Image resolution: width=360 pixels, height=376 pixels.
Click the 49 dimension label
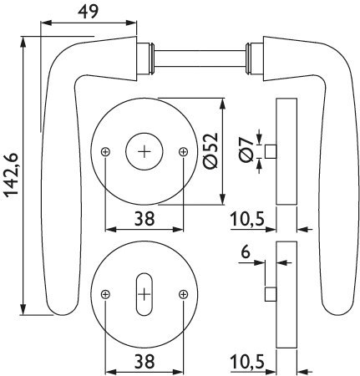coord(88,12)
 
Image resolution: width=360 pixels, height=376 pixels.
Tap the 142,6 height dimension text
coord(12,175)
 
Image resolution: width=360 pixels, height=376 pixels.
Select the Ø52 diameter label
coord(210,150)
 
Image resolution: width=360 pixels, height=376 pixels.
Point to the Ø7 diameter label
coord(246,150)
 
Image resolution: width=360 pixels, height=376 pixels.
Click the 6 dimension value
coord(246,252)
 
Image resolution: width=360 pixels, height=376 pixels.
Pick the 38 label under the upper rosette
coord(145,219)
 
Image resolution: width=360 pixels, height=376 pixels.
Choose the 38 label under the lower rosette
coord(145,362)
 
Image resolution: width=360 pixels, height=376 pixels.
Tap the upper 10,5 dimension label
coord(247,219)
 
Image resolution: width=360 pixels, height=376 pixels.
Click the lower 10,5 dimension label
coord(247,362)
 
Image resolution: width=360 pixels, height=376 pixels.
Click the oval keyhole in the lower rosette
coord(145,294)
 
